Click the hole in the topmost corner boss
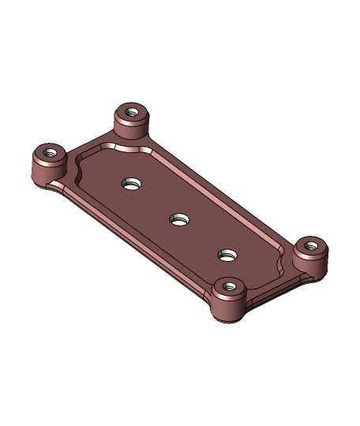pos(132,112)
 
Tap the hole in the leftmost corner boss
pos(50,153)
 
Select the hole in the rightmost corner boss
pos(311,246)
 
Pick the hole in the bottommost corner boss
pos(229,287)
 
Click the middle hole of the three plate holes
pos(179,219)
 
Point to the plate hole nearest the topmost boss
pos(131,184)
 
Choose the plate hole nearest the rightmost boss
pos(227,255)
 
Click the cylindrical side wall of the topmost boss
pos(131,129)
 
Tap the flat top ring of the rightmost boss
pos(321,248)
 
